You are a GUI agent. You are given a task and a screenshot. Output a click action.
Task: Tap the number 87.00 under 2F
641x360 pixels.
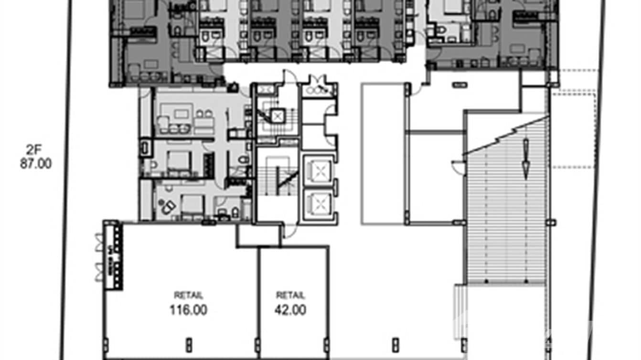coord(35,164)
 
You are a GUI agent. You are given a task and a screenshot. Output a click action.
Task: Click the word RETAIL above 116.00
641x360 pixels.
coord(188,295)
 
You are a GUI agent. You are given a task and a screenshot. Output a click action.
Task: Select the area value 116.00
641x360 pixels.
coord(188,310)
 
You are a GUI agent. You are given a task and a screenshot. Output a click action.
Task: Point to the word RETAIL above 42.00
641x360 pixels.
coord(290,296)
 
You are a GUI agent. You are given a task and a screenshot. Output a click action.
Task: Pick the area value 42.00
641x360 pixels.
coord(290,310)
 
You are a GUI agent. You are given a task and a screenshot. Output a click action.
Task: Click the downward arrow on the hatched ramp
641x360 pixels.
coord(525,158)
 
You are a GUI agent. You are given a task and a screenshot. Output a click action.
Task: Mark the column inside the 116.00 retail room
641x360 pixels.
coord(189,344)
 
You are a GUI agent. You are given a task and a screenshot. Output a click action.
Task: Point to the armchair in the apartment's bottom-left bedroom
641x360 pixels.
coord(168,207)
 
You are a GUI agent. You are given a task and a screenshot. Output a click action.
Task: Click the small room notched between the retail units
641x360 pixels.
coord(258,235)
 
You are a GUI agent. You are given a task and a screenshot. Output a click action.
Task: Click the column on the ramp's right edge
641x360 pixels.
coord(553,222)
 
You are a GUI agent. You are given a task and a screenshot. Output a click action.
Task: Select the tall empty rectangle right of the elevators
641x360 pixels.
coord(383,153)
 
